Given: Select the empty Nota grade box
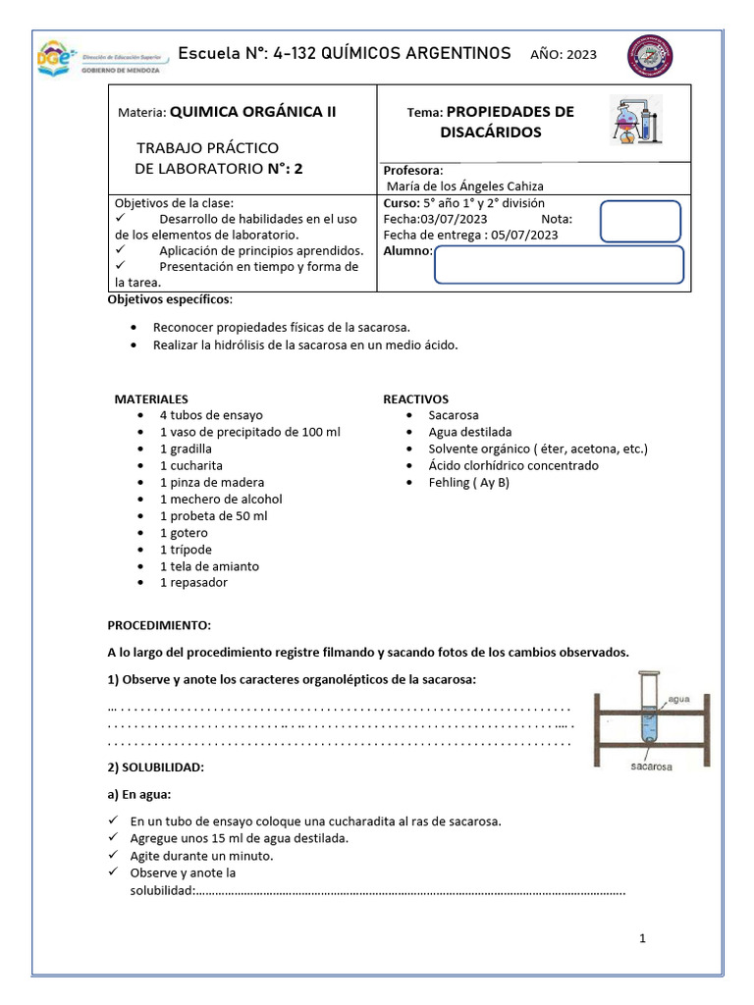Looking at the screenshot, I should coord(639,221).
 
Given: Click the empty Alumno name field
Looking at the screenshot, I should coord(558,264).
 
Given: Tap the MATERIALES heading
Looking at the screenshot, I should coord(151,399).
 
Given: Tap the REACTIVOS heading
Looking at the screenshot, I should coord(415,399).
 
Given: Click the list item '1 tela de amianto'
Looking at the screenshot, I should coord(210,565).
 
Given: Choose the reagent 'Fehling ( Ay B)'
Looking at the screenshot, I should coord(469,482).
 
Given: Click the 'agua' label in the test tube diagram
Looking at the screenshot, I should coord(679,700).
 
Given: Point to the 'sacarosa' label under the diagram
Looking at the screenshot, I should coord(650,768).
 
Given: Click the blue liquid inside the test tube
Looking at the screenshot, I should coord(648,727).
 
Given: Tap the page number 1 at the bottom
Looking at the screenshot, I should coord(642,938).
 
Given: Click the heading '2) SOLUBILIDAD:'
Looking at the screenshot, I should coord(155,766).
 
